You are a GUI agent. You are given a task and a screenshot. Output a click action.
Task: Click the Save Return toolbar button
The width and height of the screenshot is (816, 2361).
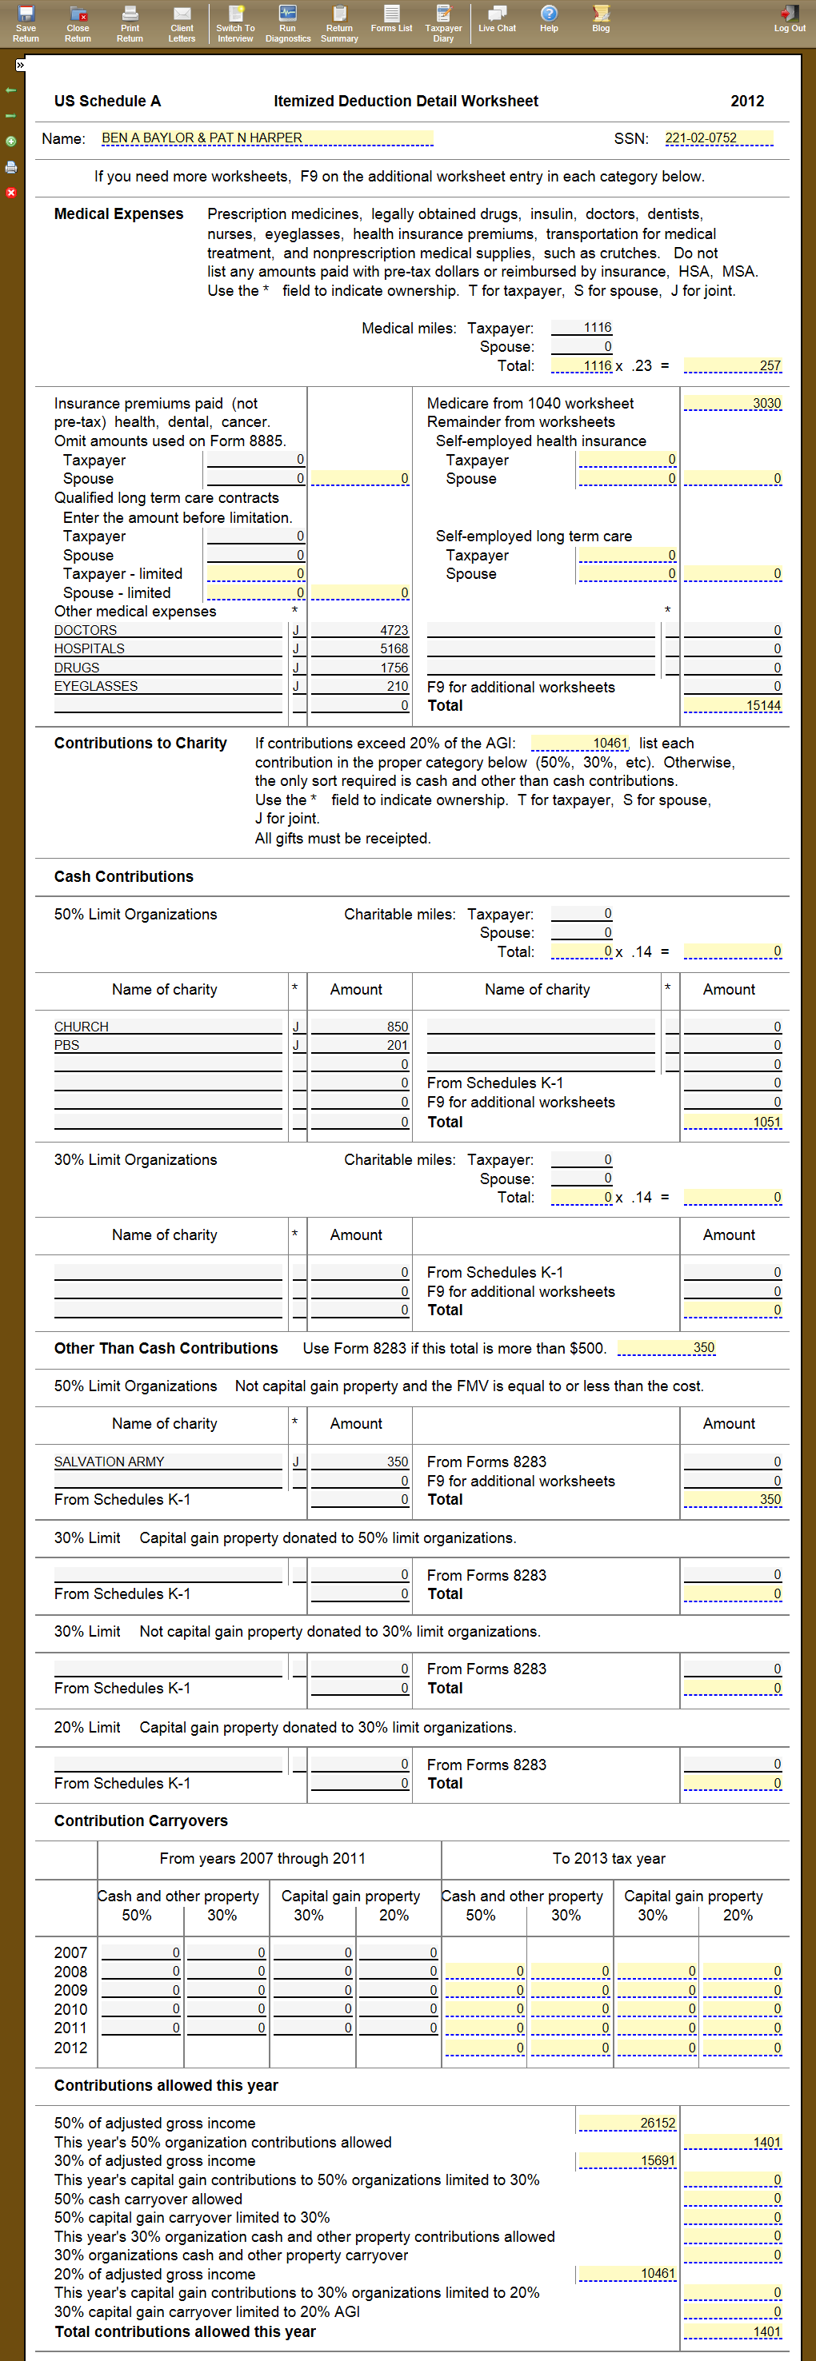point(26,22)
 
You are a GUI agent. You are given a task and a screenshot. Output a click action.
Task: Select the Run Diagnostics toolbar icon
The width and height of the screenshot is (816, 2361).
point(288,22)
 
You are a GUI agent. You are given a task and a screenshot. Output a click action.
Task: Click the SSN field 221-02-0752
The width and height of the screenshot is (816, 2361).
point(718,138)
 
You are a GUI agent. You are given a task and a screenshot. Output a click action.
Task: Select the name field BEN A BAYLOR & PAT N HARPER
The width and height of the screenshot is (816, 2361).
point(266,138)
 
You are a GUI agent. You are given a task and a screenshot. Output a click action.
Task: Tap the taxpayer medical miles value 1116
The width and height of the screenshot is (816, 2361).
point(582,328)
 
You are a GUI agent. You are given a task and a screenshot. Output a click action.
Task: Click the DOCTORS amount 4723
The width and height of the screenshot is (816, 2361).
point(360,631)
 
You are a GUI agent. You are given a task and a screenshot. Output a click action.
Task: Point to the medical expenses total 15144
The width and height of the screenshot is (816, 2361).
point(734,706)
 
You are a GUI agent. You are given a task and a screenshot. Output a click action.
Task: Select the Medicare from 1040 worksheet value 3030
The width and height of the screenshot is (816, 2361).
point(734,403)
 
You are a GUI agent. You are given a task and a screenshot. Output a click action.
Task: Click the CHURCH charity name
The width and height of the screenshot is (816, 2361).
point(82,1027)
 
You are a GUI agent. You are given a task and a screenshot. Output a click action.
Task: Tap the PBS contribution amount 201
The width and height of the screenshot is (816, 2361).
point(360,1046)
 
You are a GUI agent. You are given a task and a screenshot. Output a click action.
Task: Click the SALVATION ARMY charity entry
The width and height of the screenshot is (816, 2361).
point(109,1462)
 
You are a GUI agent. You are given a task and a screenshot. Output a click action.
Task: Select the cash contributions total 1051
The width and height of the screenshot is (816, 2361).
point(734,1122)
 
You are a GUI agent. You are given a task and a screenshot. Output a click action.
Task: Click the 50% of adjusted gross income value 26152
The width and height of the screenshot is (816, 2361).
point(628,2123)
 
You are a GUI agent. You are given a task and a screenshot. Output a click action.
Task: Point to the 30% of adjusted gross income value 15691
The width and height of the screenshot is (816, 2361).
point(628,2160)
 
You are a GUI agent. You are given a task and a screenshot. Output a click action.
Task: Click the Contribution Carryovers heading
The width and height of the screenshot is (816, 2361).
point(140,1821)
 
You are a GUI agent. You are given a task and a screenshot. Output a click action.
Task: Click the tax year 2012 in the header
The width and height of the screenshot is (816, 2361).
point(747,101)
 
